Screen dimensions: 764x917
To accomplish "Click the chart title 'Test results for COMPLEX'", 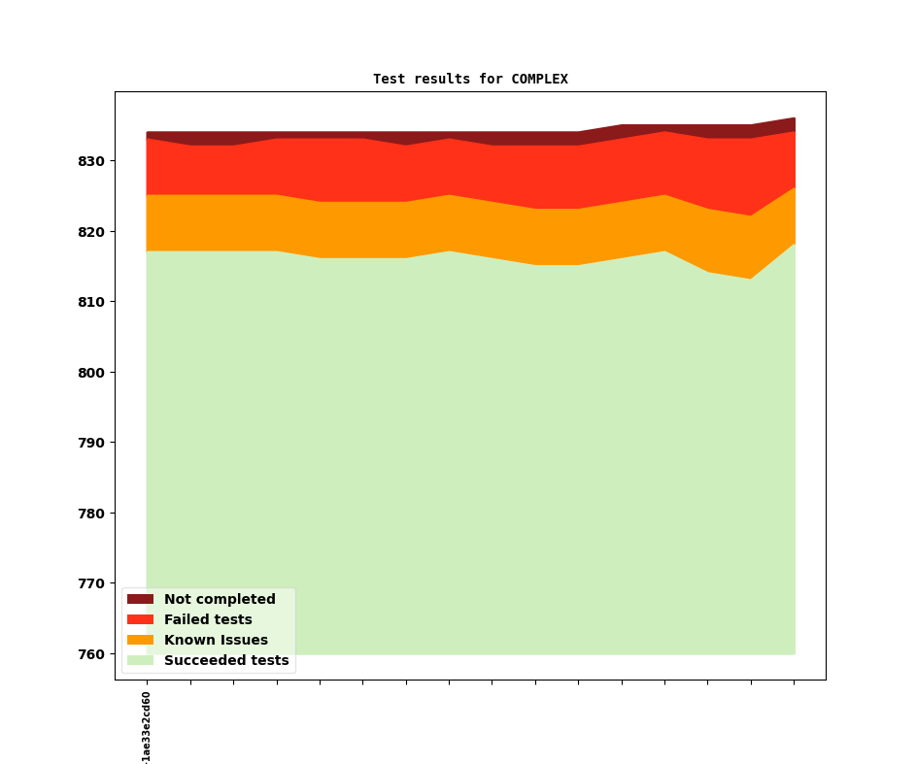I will (470, 80).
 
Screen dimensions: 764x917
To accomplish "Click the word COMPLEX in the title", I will (539, 80).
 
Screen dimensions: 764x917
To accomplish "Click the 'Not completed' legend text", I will (220, 600).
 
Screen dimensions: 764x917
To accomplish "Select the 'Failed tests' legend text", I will (208, 620).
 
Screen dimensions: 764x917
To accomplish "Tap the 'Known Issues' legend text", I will (216, 641).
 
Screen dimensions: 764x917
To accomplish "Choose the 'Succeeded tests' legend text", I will (226, 661).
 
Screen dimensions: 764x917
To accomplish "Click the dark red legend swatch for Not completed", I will (140, 600).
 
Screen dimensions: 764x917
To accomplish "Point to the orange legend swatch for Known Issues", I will (140, 641).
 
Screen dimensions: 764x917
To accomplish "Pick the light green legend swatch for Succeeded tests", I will (140, 661).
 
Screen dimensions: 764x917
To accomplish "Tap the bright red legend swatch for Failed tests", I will (140, 620).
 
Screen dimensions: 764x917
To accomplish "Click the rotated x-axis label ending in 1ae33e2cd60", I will (147, 727).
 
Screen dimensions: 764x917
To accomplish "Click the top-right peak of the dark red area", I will (794, 119).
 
